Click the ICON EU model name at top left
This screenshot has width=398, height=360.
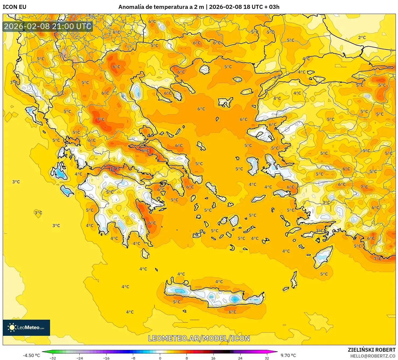15,7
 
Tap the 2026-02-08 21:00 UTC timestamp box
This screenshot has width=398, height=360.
48,26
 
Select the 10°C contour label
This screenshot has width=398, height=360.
114,169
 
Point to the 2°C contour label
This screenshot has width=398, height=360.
362,38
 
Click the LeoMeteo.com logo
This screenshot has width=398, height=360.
26,327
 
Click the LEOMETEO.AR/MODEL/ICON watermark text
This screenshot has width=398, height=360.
199,338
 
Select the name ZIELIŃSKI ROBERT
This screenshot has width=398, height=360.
372,350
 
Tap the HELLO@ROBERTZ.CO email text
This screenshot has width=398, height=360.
373,356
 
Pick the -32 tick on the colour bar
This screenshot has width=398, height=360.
53,358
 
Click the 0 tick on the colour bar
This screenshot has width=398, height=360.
160,358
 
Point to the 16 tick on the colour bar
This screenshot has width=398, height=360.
213,358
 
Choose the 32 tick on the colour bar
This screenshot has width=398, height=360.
267,358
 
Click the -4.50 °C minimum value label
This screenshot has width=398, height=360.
31,355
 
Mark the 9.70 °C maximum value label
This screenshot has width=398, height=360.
288,355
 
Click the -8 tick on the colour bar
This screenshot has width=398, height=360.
133,358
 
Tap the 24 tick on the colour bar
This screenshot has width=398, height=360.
240,358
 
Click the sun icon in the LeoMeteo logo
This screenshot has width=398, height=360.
12,327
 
